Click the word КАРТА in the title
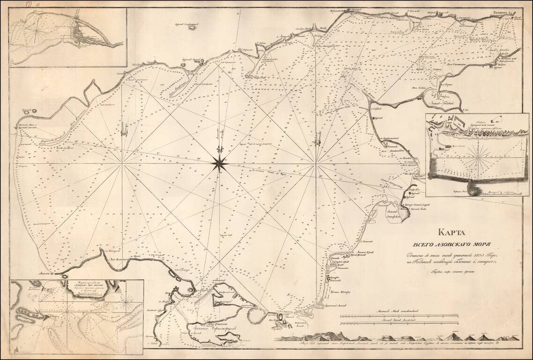(457, 231)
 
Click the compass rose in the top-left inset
(34, 30)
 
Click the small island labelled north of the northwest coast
(192, 27)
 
